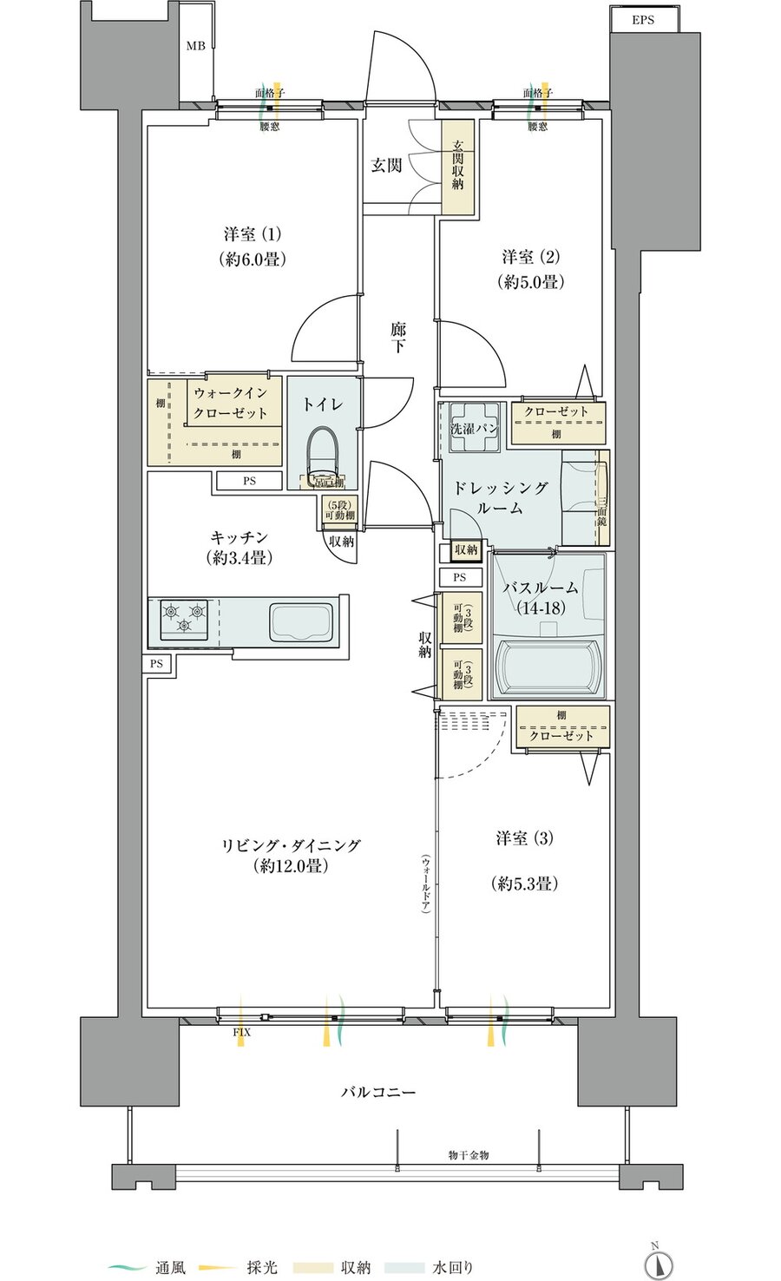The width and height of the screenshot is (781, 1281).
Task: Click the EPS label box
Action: [x=643, y=19]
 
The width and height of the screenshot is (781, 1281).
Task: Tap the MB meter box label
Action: [x=196, y=45]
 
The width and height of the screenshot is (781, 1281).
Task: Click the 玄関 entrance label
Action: [x=386, y=164]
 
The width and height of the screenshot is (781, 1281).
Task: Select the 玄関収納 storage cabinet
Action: [x=457, y=167]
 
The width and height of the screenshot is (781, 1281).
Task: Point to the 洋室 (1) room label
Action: [x=253, y=234]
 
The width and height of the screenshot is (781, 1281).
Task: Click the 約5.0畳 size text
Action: [x=530, y=281]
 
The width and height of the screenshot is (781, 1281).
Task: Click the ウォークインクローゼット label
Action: [x=230, y=403]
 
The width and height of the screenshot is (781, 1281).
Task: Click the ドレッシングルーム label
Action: [x=500, y=498]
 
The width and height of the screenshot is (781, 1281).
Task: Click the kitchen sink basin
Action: [x=301, y=621]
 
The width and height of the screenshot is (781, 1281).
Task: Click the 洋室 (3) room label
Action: [x=524, y=838]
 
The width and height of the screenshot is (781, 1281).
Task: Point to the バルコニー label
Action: [x=377, y=1092]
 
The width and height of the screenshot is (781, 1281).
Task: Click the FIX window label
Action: [x=241, y=1032]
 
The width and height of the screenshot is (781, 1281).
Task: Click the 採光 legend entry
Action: [x=261, y=1268]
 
